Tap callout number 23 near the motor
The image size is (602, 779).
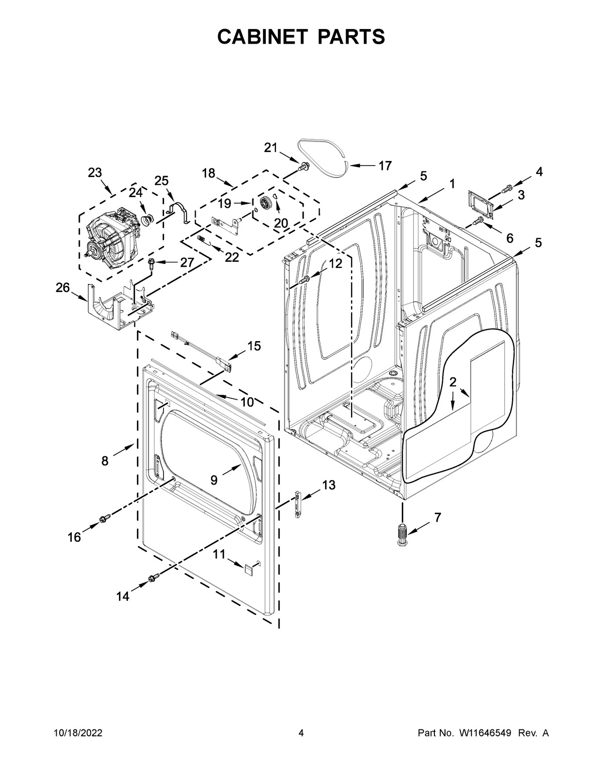(95, 173)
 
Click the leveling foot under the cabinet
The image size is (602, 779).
(402, 535)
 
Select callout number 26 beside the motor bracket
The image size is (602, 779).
(63, 288)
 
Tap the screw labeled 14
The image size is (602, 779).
(153, 580)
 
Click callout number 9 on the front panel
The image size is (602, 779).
(214, 480)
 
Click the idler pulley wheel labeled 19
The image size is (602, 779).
(264, 203)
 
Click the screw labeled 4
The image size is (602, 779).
(507, 188)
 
